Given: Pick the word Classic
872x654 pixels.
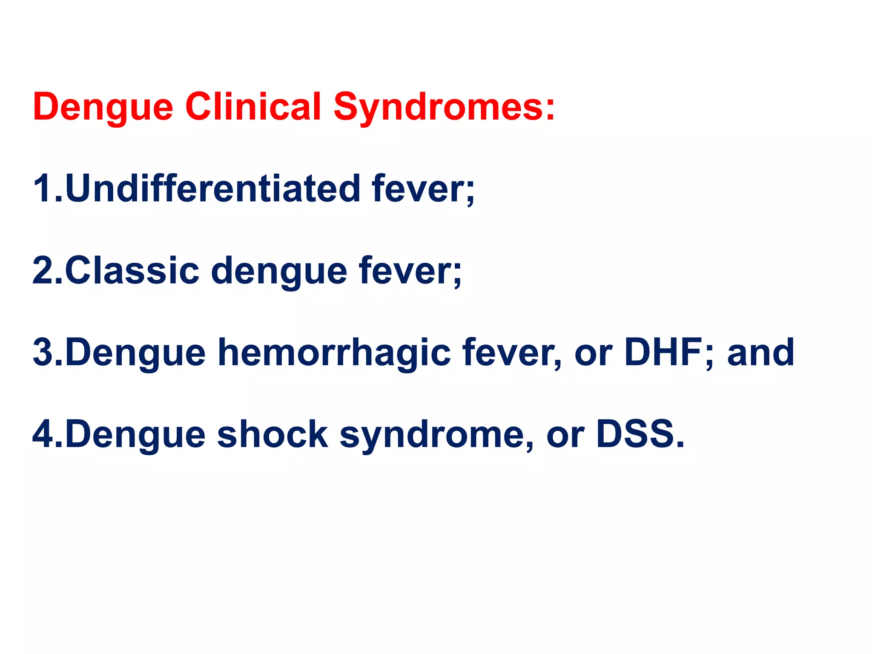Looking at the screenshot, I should [x=132, y=271].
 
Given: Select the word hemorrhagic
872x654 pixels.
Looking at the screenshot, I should [x=334, y=353].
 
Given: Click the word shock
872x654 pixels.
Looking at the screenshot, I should [x=272, y=434].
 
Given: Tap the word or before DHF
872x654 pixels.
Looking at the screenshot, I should [x=593, y=353].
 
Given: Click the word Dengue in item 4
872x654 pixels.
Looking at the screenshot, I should [x=135, y=434].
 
